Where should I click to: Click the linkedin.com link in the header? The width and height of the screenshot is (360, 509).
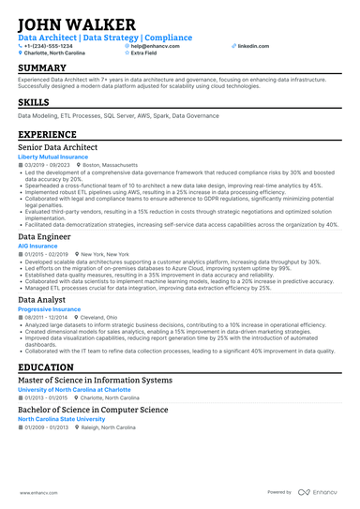[x=252, y=45]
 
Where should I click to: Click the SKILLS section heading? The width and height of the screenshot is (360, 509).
[x=34, y=101]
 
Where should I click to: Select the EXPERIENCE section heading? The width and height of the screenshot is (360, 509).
[x=48, y=135]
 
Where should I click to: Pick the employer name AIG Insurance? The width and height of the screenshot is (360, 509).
[x=37, y=246]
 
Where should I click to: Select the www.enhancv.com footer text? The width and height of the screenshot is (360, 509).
[x=33, y=491]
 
